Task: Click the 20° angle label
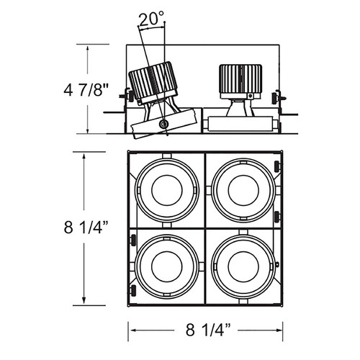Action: pyautogui.click(x=151, y=19)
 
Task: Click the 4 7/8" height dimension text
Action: pyautogui.click(x=86, y=91)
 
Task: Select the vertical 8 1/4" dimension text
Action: pyautogui.click(x=86, y=228)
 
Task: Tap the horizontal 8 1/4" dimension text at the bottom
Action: pyautogui.click(x=208, y=330)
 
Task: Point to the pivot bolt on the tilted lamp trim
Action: pyautogui.click(x=164, y=124)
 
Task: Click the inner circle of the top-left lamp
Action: pyautogui.click(x=167, y=190)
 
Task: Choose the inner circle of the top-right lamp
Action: pyautogui.click(x=243, y=190)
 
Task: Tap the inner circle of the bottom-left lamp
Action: pyautogui.click(x=167, y=266)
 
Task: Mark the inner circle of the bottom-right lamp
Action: pyautogui.click(x=243, y=266)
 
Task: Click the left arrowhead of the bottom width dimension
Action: pyautogui.click(x=133, y=330)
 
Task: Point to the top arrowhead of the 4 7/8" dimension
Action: pyautogui.click(x=88, y=48)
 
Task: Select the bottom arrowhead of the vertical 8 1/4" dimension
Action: pyautogui.click(x=84, y=300)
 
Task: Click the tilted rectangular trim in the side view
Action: pyautogui.click(x=163, y=123)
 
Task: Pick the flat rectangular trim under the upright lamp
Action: pyautogui.click(x=240, y=124)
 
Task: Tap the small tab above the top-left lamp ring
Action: pyautogui.click(x=167, y=156)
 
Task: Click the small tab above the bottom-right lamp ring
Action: pyautogui.click(x=243, y=232)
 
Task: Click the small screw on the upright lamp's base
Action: pyautogui.click(x=251, y=96)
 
